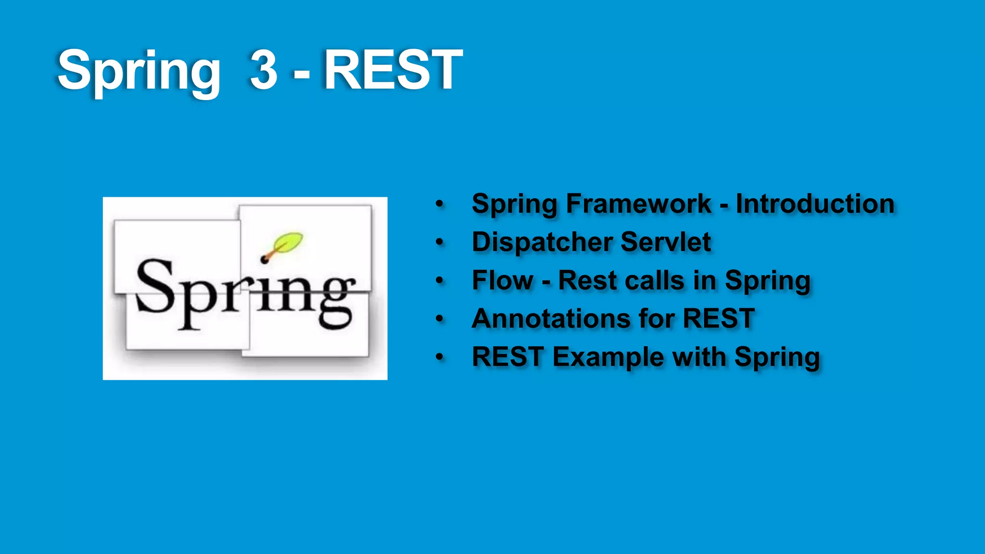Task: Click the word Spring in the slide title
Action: coord(139,72)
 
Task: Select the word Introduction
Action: coord(815,203)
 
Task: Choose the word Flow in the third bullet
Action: coord(503,280)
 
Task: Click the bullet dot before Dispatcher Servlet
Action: coord(439,242)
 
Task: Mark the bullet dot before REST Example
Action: coord(439,357)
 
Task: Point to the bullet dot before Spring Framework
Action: coord(439,203)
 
